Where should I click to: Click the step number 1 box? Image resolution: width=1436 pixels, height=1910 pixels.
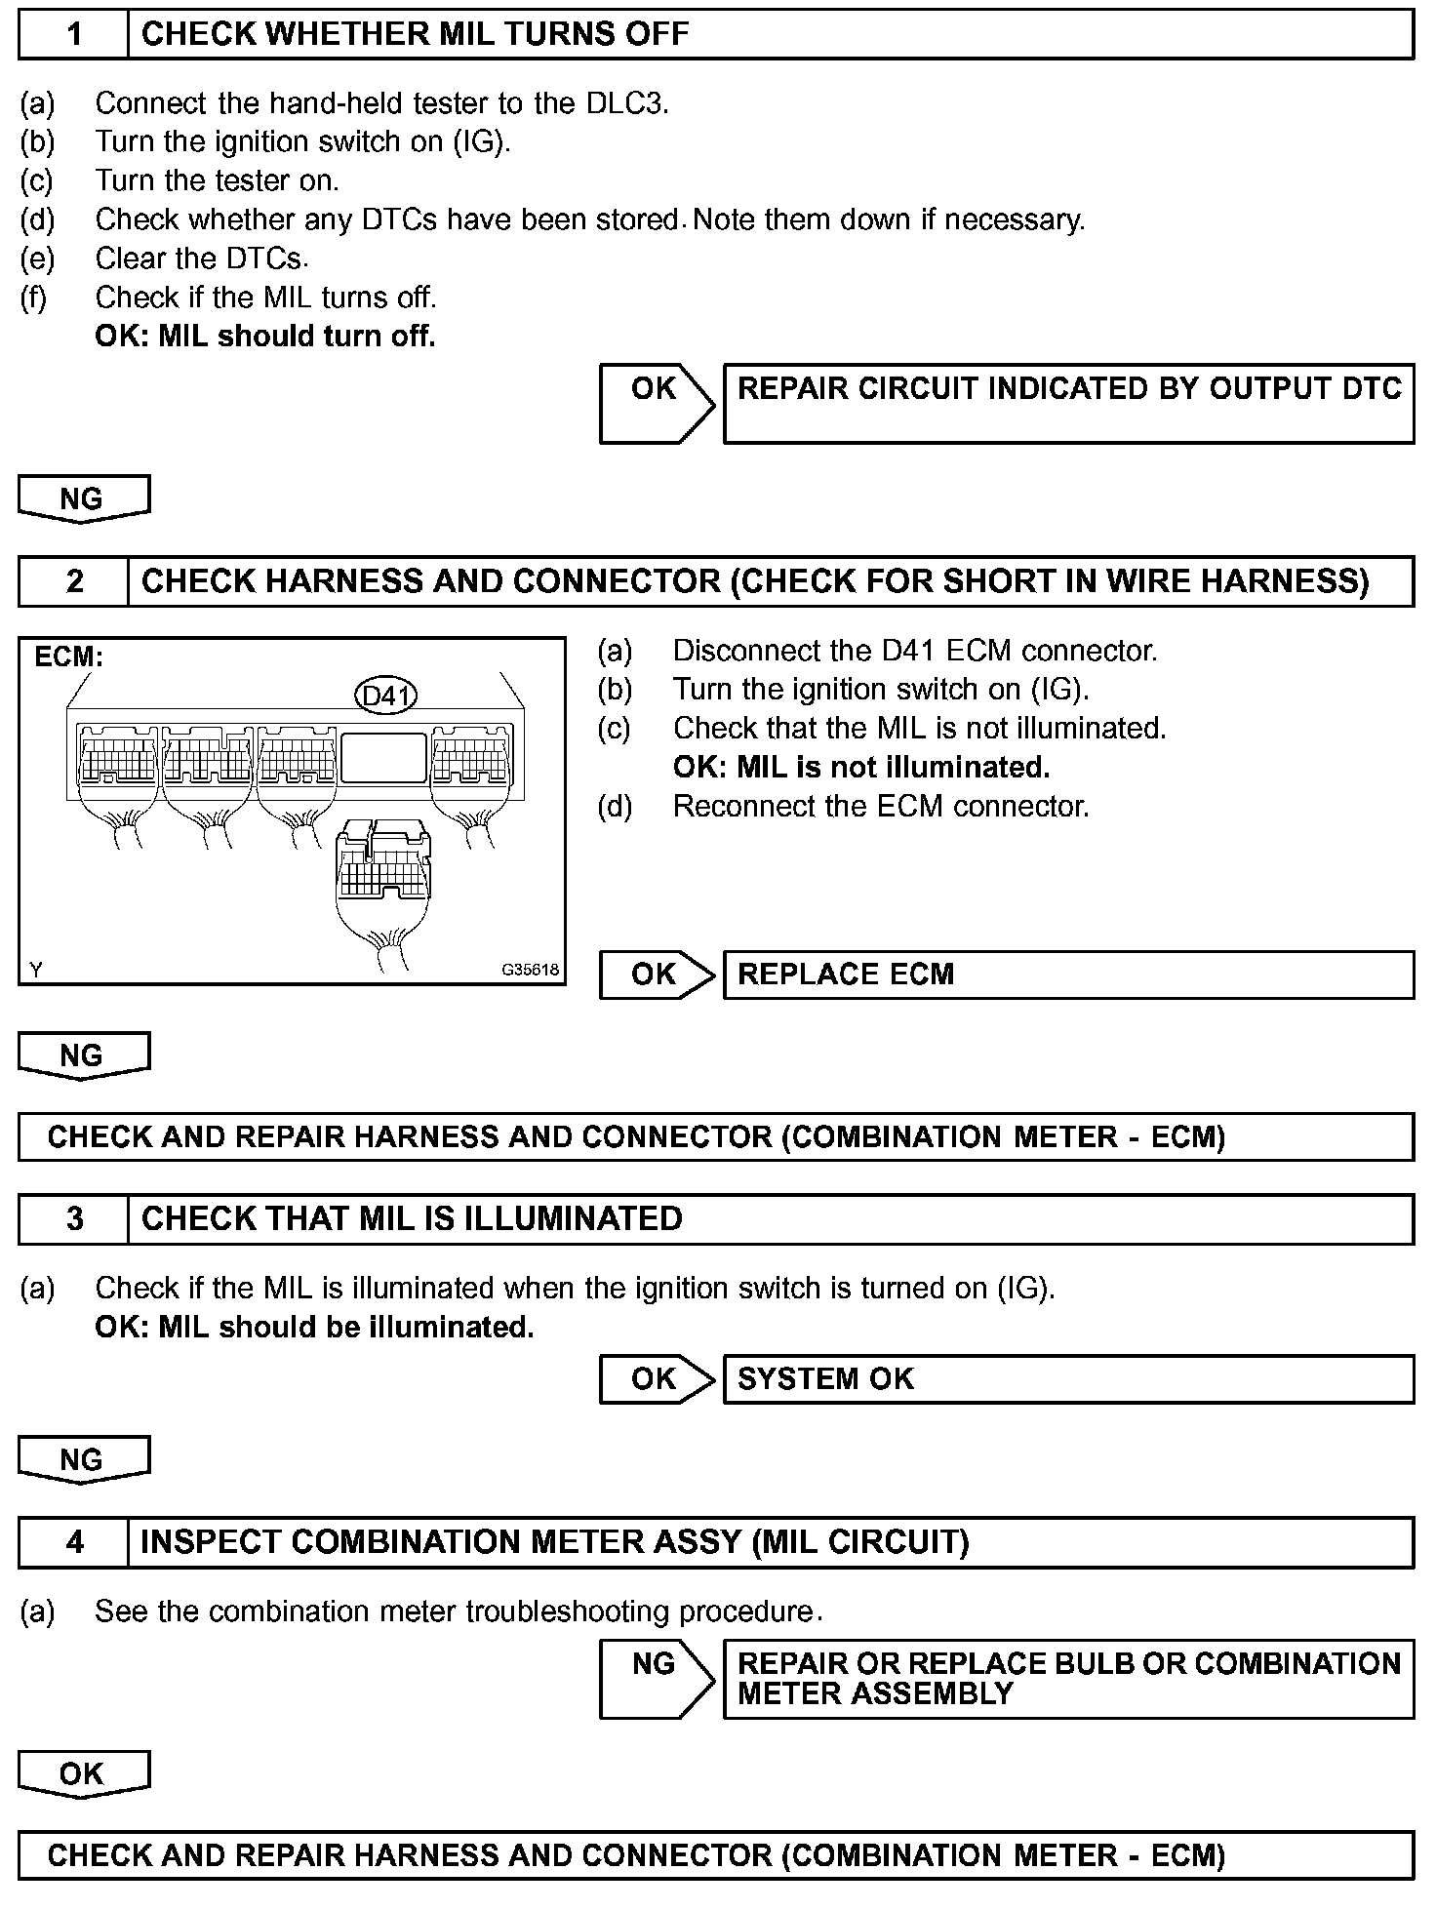[74, 35]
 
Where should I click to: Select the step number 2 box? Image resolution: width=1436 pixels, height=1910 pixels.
[74, 581]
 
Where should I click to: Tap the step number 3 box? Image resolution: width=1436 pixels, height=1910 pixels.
[74, 1219]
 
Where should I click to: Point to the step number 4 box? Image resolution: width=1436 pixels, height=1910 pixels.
[74, 1542]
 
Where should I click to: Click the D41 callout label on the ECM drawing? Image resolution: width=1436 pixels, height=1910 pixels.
[385, 696]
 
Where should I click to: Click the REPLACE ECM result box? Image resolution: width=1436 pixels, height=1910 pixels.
[1068, 975]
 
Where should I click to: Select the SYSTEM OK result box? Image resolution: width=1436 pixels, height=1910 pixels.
[1068, 1379]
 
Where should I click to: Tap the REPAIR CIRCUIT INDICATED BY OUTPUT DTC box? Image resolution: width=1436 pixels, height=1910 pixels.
[1068, 404]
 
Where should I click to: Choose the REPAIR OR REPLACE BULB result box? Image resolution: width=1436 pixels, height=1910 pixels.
[1068, 1679]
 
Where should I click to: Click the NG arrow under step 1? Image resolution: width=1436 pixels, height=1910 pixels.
[83, 499]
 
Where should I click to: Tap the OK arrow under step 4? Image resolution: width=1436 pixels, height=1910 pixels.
[83, 1773]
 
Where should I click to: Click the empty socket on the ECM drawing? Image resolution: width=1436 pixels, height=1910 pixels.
[383, 757]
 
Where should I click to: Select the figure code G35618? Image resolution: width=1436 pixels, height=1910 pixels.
[531, 970]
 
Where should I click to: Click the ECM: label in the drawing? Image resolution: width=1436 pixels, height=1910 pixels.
[68, 657]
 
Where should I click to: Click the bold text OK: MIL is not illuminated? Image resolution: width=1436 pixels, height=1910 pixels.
[861, 768]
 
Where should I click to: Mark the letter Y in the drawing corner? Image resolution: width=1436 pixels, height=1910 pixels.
[36, 970]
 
